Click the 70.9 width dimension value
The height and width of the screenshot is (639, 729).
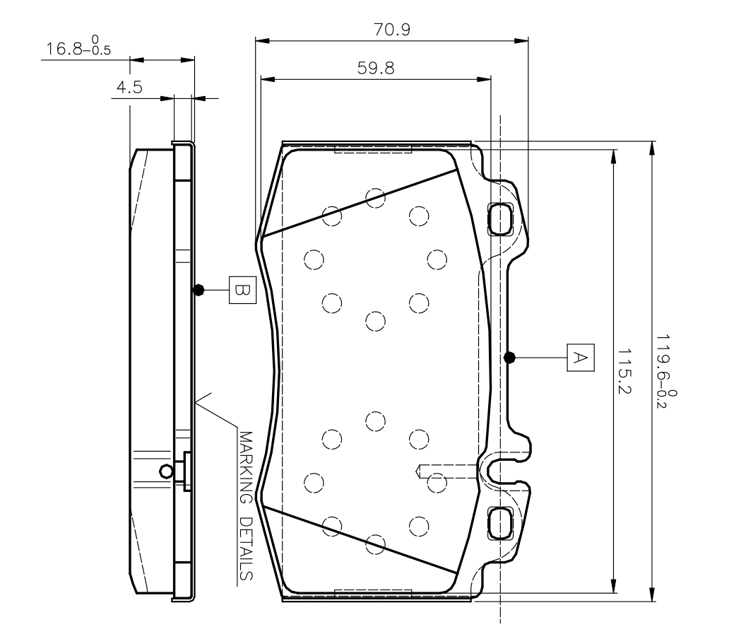click(x=392, y=30)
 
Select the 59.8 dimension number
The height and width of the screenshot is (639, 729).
click(x=376, y=69)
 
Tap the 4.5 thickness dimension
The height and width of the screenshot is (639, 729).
click(x=129, y=87)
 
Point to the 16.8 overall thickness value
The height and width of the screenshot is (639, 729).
click(x=64, y=49)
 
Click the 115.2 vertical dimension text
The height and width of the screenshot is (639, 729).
click(x=624, y=370)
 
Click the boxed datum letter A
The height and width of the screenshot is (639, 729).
click(x=581, y=358)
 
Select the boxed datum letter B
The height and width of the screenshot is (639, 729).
click(x=243, y=291)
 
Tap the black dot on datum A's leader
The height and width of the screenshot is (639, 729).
click(x=509, y=358)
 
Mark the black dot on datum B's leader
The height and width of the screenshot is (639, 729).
click(x=198, y=291)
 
